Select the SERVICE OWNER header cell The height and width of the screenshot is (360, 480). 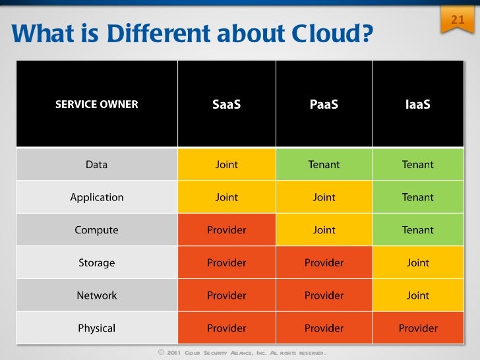point(96,104)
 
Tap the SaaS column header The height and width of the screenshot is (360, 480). point(226,104)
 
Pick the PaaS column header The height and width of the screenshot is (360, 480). point(324,104)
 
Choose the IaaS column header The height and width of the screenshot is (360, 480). point(418,104)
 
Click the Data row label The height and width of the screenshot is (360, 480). point(96,164)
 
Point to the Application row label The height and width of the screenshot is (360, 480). point(96,197)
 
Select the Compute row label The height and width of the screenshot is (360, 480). point(96,230)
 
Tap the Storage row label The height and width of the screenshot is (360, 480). point(96,262)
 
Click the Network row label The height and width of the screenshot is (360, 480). point(96,295)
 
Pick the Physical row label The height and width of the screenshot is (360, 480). point(96,328)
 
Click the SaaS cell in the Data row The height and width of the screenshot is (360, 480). point(226,164)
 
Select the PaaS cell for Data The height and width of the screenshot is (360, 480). point(324,164)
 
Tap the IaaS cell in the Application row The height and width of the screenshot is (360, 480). point(418,197)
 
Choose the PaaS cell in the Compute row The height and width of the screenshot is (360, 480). point(324,230)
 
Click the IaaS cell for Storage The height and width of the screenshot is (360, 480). point(418,262)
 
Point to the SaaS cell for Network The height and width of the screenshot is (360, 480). point(226,295)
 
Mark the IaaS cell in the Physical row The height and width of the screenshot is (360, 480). point(418,328)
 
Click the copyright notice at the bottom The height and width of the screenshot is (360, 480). point(241,353)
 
